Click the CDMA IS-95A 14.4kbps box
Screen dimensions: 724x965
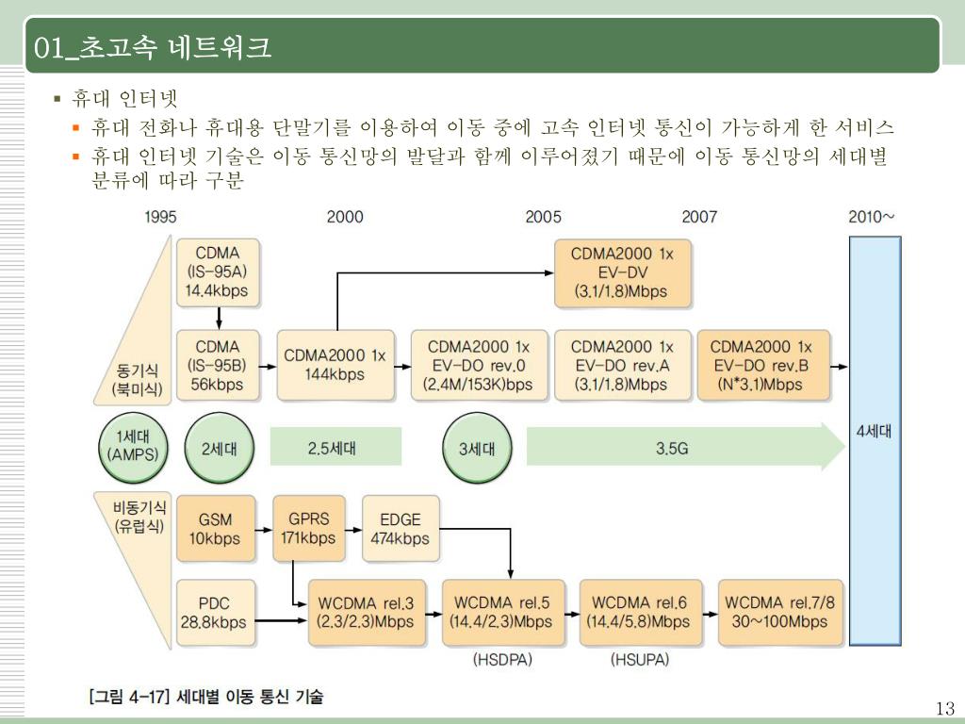coord(218,271)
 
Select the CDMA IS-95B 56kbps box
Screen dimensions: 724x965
coord(218,365)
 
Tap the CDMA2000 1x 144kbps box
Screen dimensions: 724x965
coord(335,365)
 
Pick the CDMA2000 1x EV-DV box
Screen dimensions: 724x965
coord(621,272)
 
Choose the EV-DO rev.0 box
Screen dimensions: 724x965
coord(478,365)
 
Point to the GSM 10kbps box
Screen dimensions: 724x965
coord(216,529)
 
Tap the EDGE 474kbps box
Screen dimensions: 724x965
coord(401,529)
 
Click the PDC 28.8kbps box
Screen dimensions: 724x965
coord(215,612)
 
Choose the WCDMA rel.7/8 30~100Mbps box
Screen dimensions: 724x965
coord(780,612)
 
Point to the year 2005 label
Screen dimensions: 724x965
coord(543,217)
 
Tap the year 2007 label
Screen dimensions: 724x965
coord(698,217)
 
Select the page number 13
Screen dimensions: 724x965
coord(945,709)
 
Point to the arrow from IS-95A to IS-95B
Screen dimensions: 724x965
coord(218,318)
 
